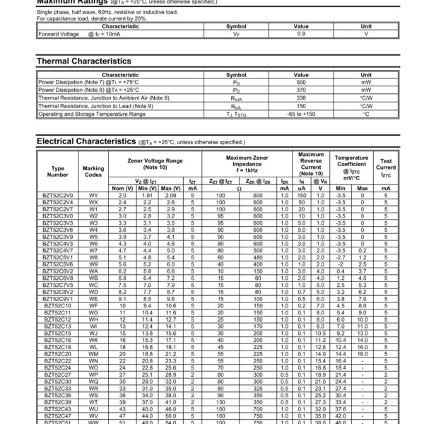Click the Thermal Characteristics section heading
[x=83, y=61]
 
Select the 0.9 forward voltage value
[x=301, y=33]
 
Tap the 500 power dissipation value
[x=301, y=83]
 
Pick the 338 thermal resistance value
[x=301, y=98]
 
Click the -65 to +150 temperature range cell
[x=301, y=113]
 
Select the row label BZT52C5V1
[x=58, y=258]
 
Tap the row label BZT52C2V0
[x=58, y=194]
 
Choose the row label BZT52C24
[x=58, y=368]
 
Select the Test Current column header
[x=386, y=167]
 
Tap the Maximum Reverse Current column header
[x=311, y=164]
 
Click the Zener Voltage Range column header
[x=154, y=164]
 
